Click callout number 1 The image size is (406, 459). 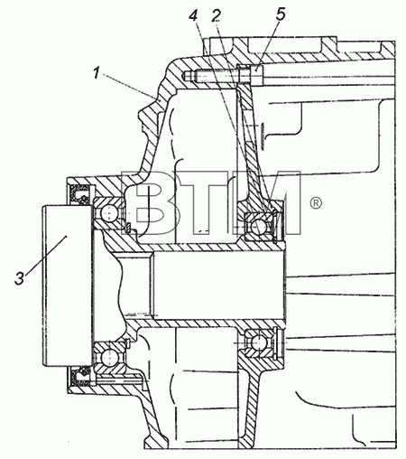pyautogui.click(x=97, y=73)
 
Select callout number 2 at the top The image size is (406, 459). pyautogui.click(x=217, y=15)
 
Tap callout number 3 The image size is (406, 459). pyautogui.click(x=20, y=277)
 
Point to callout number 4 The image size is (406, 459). pyautogui.click(x=193, y=15)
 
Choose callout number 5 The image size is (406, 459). pyautogui.click(x=281, y=14)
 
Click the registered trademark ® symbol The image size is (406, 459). pyautogui.click(x=316, y=203)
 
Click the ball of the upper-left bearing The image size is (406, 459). pyautogui.click(x=108, y=214)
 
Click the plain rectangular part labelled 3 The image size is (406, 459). pyautogui.click(x=67, y=286)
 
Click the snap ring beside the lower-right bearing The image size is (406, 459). pyautogui.click(x=280, y=342)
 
